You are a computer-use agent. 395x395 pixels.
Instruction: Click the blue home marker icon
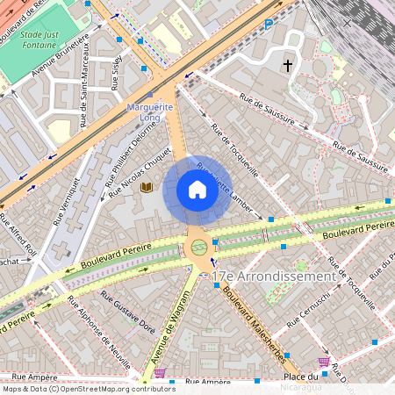click(x=197, y=190)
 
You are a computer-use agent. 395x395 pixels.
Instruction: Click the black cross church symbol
click(x=287, y=66)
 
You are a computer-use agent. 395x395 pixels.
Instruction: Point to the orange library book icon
click(x=147, y=188)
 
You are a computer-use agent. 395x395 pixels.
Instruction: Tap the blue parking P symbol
click(x=268, y=25)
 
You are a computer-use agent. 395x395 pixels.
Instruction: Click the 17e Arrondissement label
click(x=273, y=276)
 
